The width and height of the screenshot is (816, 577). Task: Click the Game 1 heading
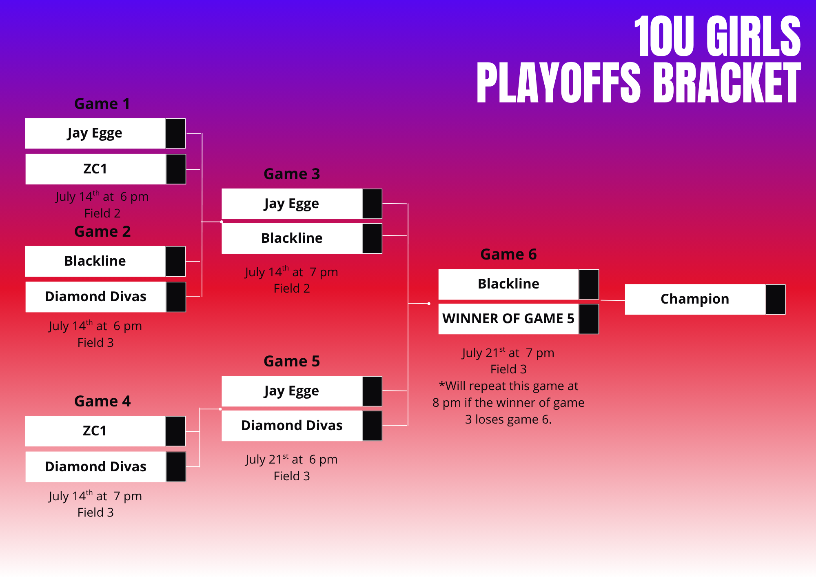[102, 104]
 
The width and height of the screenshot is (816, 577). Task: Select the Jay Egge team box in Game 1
[95, 133]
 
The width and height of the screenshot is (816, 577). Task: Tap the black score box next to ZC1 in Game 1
[176, 169]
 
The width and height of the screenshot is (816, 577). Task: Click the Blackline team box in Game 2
[95, 261]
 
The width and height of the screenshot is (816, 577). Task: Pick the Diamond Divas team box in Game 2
[95, 297]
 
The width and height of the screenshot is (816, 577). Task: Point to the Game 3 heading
[292, 174]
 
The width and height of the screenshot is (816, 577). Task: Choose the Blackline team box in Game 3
[292, 238]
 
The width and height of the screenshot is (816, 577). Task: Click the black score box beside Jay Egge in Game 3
[372, 204]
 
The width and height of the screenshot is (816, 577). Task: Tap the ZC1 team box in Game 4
[95, 431]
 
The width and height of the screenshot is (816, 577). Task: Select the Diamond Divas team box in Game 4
[95, 467]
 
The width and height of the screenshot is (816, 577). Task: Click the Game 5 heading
[292, 361]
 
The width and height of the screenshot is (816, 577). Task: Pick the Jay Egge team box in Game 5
[292, 391]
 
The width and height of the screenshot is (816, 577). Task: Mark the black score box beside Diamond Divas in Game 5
[372, 426]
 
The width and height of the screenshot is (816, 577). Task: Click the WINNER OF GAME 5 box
[508, 319]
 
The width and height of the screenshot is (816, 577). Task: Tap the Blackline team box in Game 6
[508, 284]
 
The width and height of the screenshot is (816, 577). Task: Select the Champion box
[695, 299]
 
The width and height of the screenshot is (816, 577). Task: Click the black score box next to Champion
[775, 300]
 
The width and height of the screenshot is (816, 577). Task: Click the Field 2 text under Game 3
[292, 288]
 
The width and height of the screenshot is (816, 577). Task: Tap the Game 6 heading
[508, 254]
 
